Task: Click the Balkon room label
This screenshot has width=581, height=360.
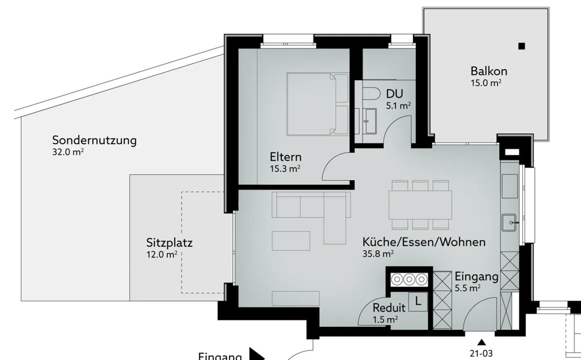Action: pos(489,71)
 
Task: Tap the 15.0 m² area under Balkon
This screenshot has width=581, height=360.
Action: pos(486,83)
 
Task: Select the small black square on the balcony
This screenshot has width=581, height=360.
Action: pos(522,46)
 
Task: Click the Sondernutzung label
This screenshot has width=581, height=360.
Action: pos(94,141)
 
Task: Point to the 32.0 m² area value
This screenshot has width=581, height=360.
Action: pos(68,152)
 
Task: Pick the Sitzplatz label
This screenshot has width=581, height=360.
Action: pos(169,243)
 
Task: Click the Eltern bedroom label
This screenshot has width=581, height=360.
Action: pos(286,157)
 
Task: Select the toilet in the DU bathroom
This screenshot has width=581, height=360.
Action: pos(371,94)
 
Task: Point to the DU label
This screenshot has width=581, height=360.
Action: pos(394,94)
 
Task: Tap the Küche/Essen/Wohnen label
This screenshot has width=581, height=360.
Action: pos(424,242)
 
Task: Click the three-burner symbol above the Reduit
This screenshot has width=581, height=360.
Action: pos(409,279)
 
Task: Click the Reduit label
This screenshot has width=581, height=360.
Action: pos(389,308)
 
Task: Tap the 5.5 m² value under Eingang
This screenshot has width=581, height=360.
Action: pos(467,288)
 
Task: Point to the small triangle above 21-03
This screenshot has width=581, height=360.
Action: pos(481,343)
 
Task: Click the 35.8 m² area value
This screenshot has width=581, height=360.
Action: pos(378,254)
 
